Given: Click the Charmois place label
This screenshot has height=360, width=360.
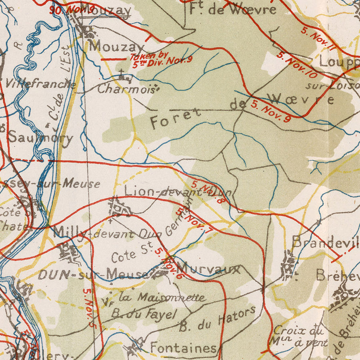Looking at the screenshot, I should [126, 88].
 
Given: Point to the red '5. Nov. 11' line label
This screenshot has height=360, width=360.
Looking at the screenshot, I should [318, 39].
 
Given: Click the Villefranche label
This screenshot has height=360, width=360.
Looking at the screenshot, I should [41, 84].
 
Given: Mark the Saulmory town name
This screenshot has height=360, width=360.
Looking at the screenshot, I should [40, 138].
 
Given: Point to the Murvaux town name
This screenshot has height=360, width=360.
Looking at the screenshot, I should [208, 269].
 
